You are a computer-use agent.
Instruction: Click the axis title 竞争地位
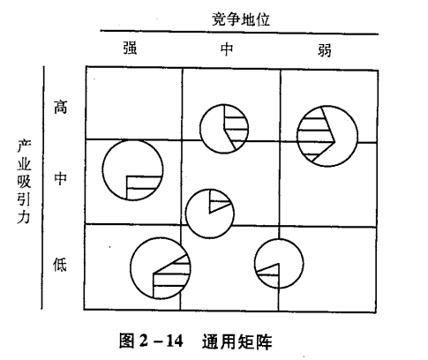[241, 19]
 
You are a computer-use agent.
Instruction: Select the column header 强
[130, 48]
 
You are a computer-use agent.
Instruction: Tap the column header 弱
[325, 49]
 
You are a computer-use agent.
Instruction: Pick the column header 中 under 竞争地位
[227, 49]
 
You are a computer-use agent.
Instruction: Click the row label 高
[60, 107]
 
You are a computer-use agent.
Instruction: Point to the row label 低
[60, 265]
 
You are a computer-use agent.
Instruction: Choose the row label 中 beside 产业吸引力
[60, 178]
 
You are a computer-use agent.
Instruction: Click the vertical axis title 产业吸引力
[24, 182]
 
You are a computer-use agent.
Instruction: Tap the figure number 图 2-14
[151, 341]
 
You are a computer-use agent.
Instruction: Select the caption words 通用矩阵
[237, 341]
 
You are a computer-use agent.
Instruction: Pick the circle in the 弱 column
[357, 136]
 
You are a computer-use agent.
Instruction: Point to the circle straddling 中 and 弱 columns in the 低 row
[304, 264]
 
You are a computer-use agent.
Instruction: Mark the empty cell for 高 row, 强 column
[134, 103]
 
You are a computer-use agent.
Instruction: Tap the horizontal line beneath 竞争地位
[239, 33]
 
